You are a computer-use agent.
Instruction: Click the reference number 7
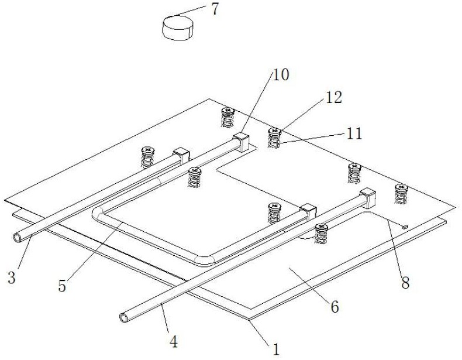click(215, 9)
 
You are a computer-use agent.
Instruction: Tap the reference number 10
click(280, 74)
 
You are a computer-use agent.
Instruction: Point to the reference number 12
click(334, 97)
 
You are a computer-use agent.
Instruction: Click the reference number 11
click(353, 133)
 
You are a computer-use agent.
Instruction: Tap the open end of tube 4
click(123, 317)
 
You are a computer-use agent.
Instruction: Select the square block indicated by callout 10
click(241, 141)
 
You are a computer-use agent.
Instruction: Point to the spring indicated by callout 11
click(273, 140)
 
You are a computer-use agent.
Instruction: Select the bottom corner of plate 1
click(249, 319)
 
